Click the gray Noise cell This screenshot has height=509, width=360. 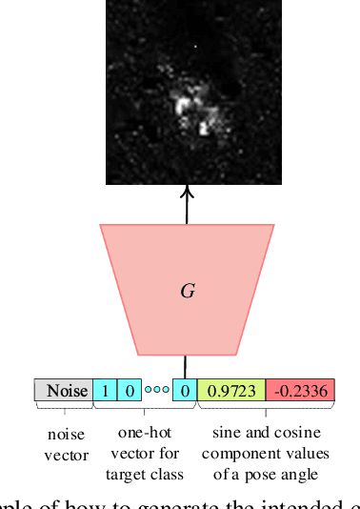tap(64, 391)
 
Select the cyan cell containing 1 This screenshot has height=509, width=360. tap(104, 391)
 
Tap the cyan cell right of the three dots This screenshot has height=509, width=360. tap(186, 391)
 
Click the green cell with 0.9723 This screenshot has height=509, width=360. tap(230, 391)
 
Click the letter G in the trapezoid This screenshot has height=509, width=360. tap(187, 291)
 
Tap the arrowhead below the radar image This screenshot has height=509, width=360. tap(187, 192)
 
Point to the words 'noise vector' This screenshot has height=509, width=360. tap(66, 445)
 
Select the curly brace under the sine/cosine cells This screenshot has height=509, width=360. tap(267, 409)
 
